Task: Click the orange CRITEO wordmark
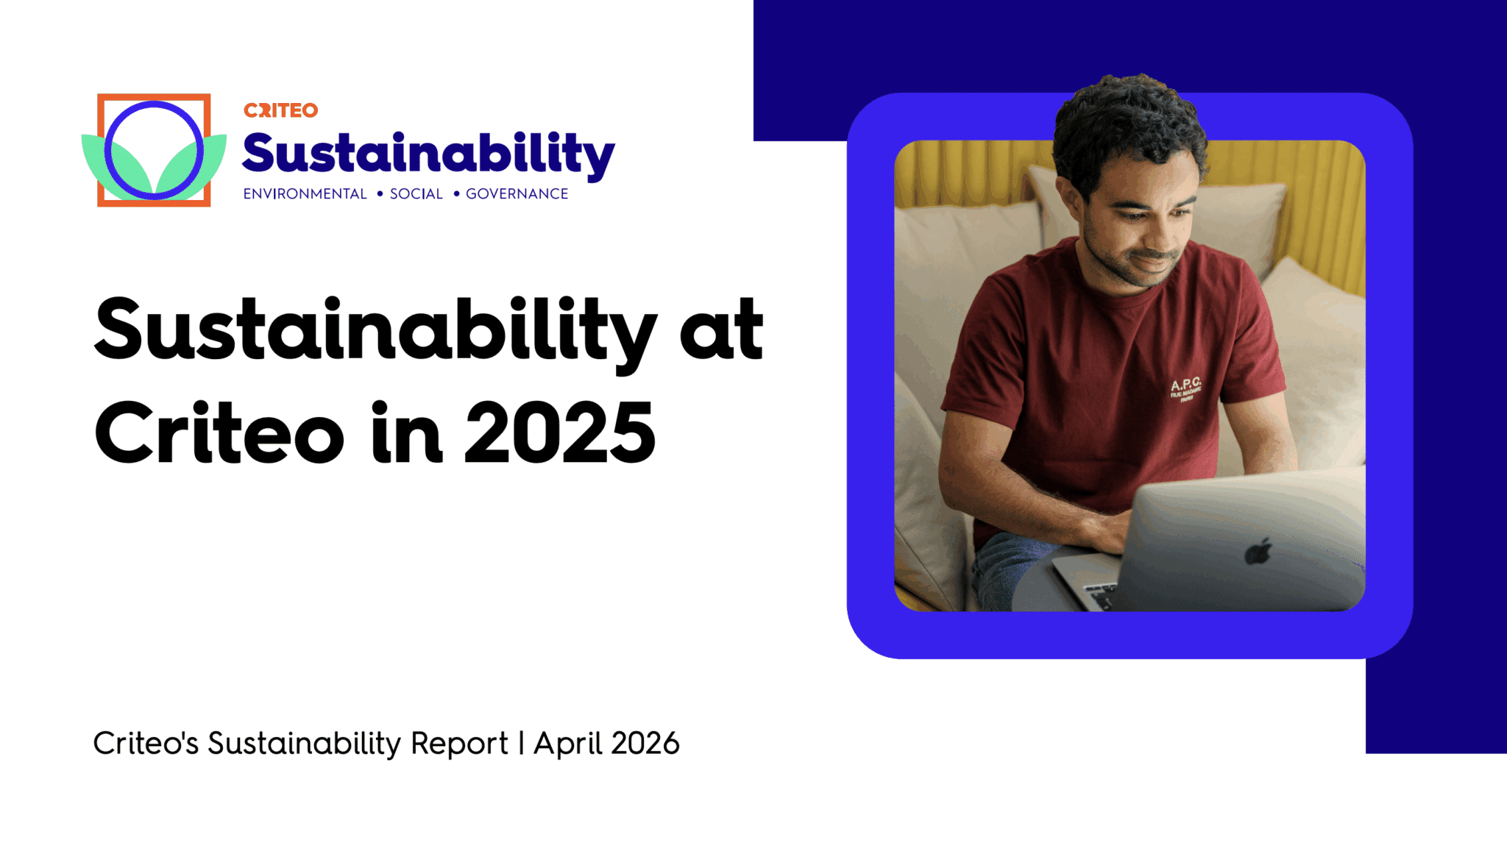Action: tap(280, 110)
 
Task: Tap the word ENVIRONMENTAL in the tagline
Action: tap(305, 193)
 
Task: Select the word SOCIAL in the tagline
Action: tap(416, 193)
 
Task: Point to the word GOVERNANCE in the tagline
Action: tap(517, 193)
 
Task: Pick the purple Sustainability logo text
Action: tap(428, 155)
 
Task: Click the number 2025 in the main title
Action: tap(560, 433)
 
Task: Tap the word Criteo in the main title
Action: tap(219, 432)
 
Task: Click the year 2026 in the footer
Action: tap(645, 743)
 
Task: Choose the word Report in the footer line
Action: tap(459, 744)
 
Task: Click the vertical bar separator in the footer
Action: tap(521, 743)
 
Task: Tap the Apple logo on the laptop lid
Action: tap(1258, 551)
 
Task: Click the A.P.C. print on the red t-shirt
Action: tap(1185, 388)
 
